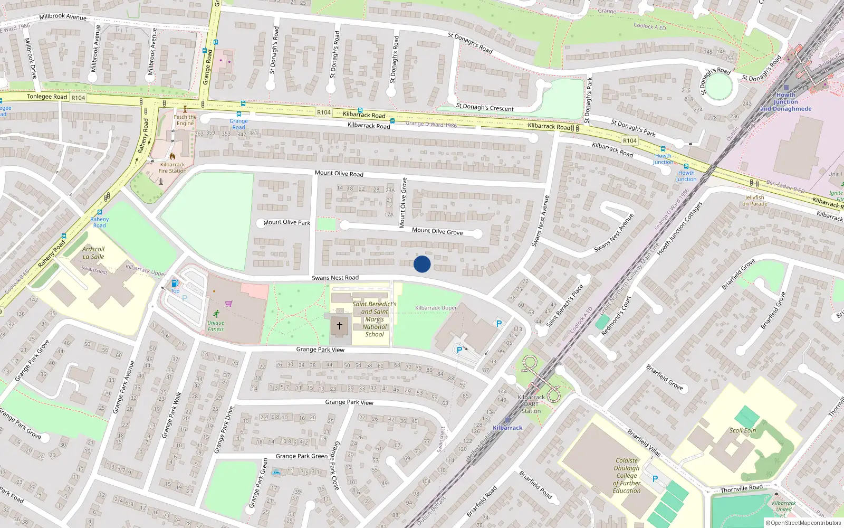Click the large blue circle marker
point(422,264)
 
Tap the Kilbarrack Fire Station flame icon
point(172,156)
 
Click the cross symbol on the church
point(340,326)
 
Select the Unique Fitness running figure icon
point(216,314)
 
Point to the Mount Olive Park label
point(286,222)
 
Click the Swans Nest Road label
point(335,278)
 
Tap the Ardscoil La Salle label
point(93,253)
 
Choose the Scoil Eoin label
point(743,430)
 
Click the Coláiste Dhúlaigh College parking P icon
point(655,479)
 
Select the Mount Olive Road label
point(339,173)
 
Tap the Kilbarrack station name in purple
point(507,428)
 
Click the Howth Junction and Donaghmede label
point(785,102)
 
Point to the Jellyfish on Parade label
point(754,201)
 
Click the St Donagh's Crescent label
point(484,108)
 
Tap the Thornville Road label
point(741,489)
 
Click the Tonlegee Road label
point(47,97)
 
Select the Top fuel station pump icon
point(175,284)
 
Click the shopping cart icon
point(228,304)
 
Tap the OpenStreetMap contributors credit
point(803,523)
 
